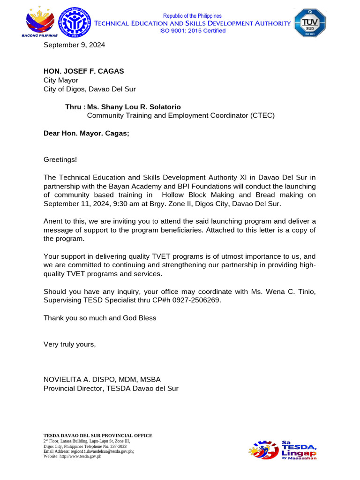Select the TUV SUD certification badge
click(x=309, y=23)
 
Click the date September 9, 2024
click(x=74, y=45)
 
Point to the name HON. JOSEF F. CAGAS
click(x=84, y=71)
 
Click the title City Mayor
click(x=61, y=80)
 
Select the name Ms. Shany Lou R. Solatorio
click(x=134, y=107)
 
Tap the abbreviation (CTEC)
click(x=258, y=115)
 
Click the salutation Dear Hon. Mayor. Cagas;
click(x=86, y=133)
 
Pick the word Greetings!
click(x=60, y=160)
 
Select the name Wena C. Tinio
click(x=292, y=292)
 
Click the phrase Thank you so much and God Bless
click(x=100, y=318)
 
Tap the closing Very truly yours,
click(x=69, y=345)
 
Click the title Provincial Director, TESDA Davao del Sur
click(x=111, y=388)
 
